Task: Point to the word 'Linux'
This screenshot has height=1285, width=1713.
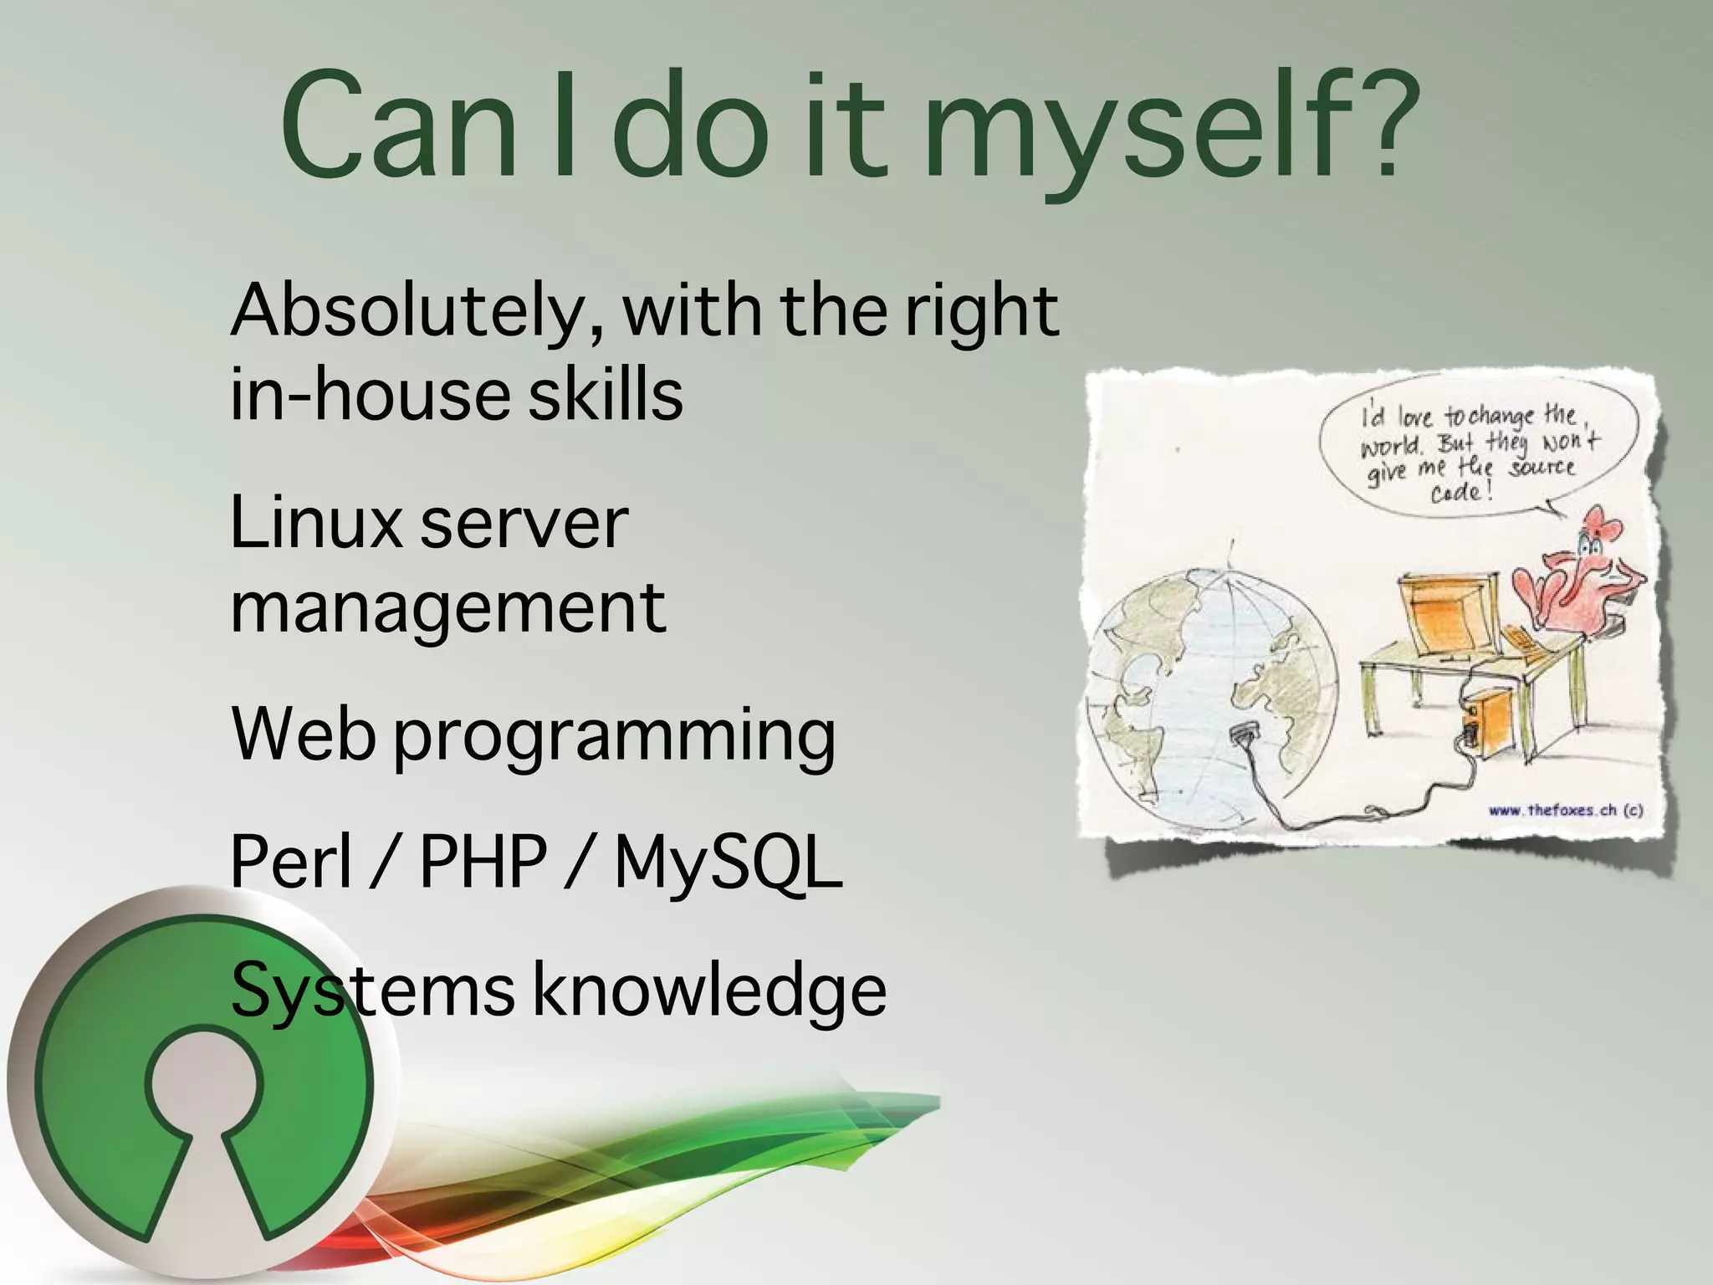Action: [x=315, y=523]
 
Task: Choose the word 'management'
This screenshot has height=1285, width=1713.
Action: [x=448, y=608]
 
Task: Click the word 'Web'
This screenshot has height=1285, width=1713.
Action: [x=303, y=735]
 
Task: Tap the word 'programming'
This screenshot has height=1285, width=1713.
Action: [x=615, y=738]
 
